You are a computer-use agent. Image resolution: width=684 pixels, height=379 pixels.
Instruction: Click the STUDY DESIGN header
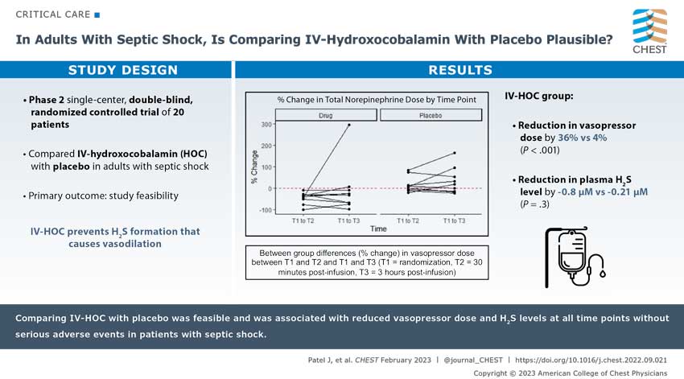click(x=116, y=70)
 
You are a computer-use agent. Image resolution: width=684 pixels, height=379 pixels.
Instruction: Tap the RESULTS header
click(x=459, y=70)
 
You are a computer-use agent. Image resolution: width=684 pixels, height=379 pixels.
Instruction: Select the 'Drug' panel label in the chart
click(x=325, y=115)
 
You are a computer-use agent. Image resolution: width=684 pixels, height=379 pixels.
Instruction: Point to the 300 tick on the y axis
click(x=266, y=125)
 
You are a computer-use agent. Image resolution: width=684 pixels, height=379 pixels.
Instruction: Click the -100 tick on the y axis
click(x=264, y=210)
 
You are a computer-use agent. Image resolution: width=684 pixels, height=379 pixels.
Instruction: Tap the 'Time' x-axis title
click(x=378, y=229)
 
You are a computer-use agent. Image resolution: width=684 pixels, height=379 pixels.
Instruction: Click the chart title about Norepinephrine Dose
click(x=377, y=99)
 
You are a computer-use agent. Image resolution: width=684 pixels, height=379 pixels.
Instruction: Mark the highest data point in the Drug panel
click(x=348, y=125)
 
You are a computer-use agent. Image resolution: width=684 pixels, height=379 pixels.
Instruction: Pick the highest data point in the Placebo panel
click(x=455, y=153)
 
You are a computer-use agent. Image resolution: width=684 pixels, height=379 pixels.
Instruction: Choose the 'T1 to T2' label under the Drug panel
click(x=303, y=220)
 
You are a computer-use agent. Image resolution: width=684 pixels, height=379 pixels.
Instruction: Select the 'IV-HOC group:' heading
click(x=538, y=97)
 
